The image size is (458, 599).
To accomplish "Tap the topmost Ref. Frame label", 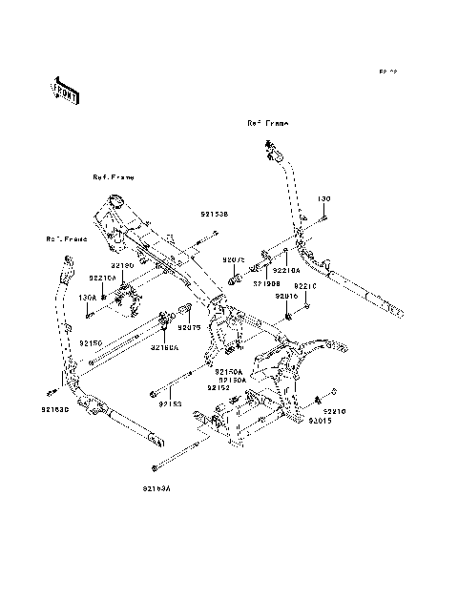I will tap(267, 123).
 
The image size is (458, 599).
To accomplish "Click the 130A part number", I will tap(88, 296).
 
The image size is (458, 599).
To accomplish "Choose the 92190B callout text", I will tap(266, 282).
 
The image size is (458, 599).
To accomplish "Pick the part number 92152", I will tap(219, 388).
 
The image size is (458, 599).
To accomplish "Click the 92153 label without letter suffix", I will tap(170, 403).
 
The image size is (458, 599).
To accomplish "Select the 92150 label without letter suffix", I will tap(91, 341).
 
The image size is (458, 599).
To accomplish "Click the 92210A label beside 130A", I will tap(102, 278).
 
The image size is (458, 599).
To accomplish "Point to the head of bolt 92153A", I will tap(154, 467).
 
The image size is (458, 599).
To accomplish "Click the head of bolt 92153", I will tap(152, 393).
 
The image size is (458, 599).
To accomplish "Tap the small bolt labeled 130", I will tap(325, 218).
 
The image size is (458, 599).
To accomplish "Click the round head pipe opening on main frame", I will tap(114, 200).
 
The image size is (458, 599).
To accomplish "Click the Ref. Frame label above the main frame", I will tap(114, 177).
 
